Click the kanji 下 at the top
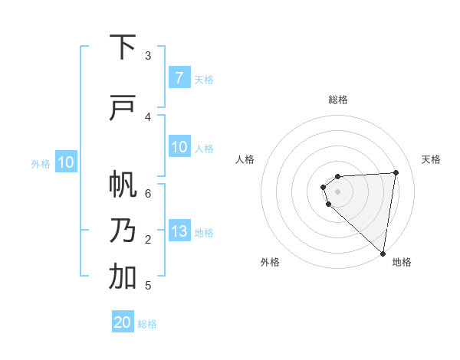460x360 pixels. (123, 47)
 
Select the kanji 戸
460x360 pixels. (123, 109)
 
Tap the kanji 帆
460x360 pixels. (123, 185)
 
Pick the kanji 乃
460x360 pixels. (123, 231)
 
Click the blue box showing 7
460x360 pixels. (179, 78)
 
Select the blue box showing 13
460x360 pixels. (179, 232)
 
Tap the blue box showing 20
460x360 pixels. (123, 322)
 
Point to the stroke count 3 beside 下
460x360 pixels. (148, 55)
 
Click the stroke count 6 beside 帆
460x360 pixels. (148, 193)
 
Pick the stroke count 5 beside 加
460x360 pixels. (148, 286)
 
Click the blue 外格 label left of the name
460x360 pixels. (40, 163)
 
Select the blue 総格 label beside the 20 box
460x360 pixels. (147, 324)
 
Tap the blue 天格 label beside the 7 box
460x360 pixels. (203, 79)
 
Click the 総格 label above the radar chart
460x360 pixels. (338, 100)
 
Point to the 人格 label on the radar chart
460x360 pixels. (245, 159)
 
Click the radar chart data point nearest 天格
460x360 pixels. (396, 172)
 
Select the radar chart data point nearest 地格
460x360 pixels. (383, 253)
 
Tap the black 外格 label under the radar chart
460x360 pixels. (269, 262)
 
